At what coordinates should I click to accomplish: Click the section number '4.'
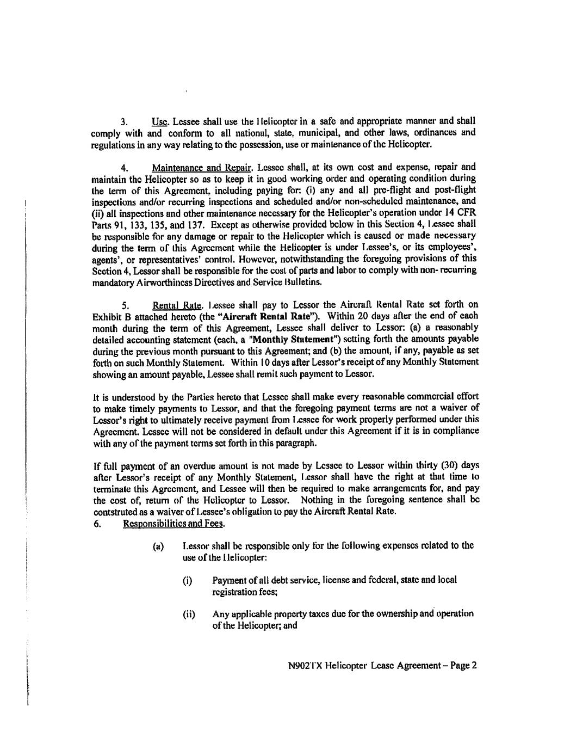123,167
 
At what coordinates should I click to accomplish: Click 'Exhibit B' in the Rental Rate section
109,316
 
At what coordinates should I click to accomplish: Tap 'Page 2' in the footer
463,665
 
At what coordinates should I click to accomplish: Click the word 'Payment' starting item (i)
230,580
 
